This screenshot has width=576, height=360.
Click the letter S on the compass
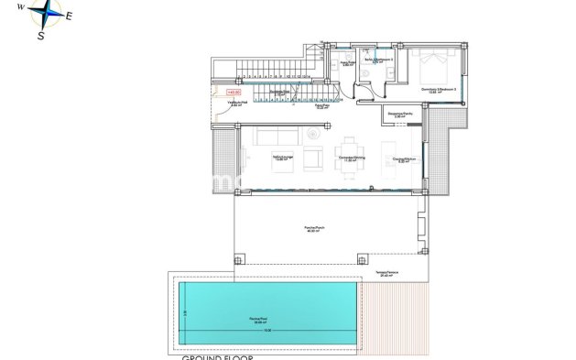coord(41,36)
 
